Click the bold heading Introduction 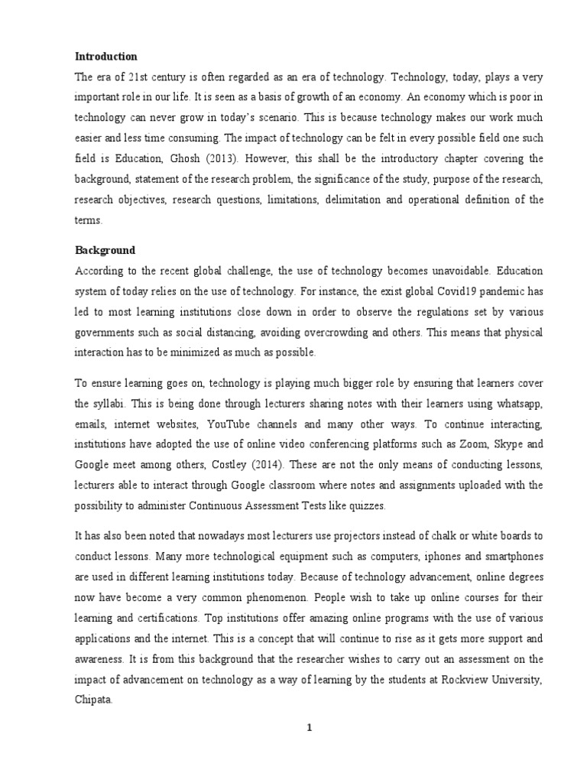[x=105, y=56]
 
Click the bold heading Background [x=105, y=250]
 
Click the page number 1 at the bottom [x=310, y=728]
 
